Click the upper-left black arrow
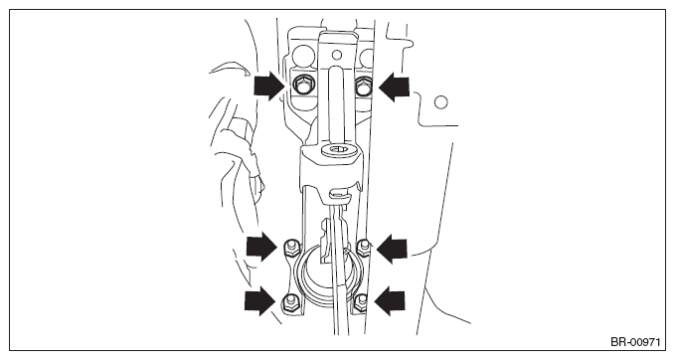(270, 86)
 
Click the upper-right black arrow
(394, 87)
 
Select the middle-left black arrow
(261, 247)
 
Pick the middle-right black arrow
(392, 249)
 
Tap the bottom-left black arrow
(260, 300)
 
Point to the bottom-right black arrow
(390, 300)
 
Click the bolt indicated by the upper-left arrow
(300, 86)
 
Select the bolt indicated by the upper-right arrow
(363, 87)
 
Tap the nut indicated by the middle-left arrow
(291, 249)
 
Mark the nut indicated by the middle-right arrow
(364, 248)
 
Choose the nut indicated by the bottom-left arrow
(289, 301)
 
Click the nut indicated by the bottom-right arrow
(361, 302)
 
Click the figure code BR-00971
(635, 342)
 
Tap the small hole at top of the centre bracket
(338, 55)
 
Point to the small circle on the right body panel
(440, 102)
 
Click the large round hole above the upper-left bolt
(303, 56)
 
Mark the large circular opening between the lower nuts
(328, 274)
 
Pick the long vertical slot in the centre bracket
(337, 104)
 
